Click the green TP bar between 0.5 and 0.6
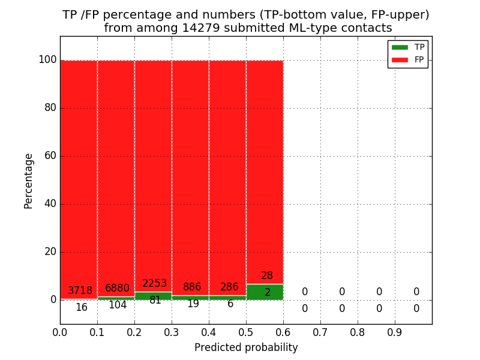(265, 292)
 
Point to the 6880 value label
(117, 289)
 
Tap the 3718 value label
(80, 291)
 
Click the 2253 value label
(154, 284)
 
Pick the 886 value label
(192, 287)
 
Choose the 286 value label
(229, 287)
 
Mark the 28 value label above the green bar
(267, 276)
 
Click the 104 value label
(117, 305)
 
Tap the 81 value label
(155, 300)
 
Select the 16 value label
(81, 307)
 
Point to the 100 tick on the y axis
(47, 60)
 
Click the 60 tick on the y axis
(50, 156)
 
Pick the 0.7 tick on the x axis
(320, 332)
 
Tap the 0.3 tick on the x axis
(172, 332)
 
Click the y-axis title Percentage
(29, 181)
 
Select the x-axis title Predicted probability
(246, 347)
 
